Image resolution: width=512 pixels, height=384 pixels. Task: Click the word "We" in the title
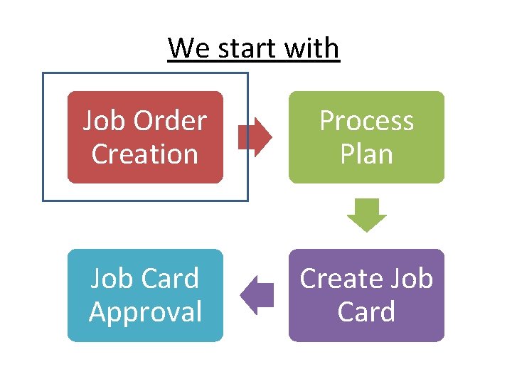pos(187,48)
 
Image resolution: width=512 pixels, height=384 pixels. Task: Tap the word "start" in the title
pos(246,48)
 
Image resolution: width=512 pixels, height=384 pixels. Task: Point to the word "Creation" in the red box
pos(145,154)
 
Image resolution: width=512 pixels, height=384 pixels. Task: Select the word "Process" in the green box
pos(366,121)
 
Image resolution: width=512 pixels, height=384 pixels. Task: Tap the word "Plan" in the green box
pos(366,154)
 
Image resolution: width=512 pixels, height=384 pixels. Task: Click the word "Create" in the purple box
pos(338,279)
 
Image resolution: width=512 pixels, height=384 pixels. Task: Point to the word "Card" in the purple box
pos(366,311)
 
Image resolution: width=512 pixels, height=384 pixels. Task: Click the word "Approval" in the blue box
pos(145,312)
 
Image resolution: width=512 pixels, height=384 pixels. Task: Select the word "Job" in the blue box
pos(110,279)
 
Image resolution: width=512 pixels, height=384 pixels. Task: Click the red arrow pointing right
pos(255,137)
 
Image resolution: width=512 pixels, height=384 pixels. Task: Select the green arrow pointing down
pos(366,215)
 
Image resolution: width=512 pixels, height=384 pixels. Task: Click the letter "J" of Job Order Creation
pos(89,122)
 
